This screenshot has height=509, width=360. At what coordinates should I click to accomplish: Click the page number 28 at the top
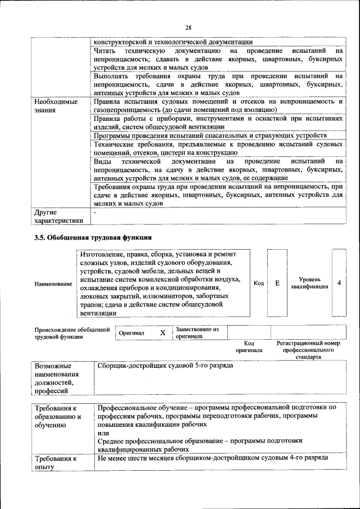coord(188,28)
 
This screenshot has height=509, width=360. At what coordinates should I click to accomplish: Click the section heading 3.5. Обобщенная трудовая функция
coord(93,237)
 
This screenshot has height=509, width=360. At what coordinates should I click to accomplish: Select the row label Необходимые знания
coord(56,106)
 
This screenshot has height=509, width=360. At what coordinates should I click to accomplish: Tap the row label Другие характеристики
coord(58,217)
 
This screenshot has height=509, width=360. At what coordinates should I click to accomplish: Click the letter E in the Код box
coord(277,283)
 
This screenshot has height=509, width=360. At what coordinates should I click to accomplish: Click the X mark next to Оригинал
coord(163,332)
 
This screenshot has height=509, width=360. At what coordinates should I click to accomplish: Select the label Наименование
coord(53,284)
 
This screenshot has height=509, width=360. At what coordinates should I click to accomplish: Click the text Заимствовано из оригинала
coord(197,332)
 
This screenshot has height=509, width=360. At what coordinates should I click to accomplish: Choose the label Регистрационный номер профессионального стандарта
coord(308,349)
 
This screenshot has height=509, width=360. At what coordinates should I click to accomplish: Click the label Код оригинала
coord(249,346)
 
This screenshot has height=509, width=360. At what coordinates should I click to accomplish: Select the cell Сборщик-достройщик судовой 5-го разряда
coord(165,365)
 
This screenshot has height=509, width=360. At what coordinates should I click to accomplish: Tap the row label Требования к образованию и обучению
coord(58,417)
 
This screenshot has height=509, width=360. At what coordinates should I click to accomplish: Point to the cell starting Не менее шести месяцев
coord(212,458)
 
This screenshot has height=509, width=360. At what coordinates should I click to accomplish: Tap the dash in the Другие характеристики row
coord(96,213)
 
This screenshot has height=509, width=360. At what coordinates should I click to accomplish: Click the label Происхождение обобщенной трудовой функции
coord(71,333)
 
